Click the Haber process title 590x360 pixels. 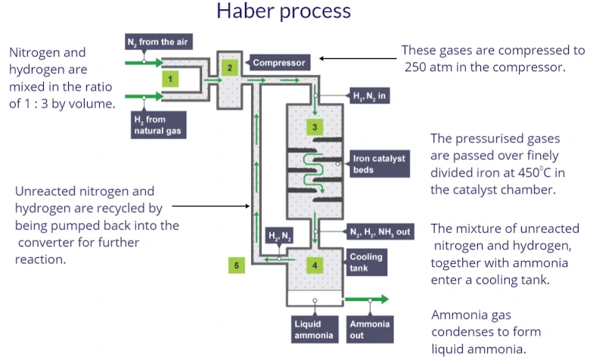pyautogui.click(x=284, y=11)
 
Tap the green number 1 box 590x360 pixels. pyautogui.click(x=172, y=78)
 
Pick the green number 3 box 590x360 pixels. pyautogui.click(x=315, y=126)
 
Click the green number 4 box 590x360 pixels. pyautogui.click(x=315, y=265)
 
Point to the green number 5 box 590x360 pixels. pyautogui.click(x=237, y=265)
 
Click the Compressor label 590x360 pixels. pyautogui.click(x=278, y=63)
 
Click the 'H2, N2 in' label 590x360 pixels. pyautogui.click(x=371, y=98)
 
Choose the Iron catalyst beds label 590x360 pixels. pyautogui.click(x=379, y=164)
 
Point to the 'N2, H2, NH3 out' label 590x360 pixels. pyautogui.click(x=380, y=232)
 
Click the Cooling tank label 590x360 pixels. pyautogui.click(x=366, y=262)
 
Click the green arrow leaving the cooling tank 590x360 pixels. pyautogui.click(x=366, y=299)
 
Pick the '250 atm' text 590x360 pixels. pyautogui.click(x=430, y=67)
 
